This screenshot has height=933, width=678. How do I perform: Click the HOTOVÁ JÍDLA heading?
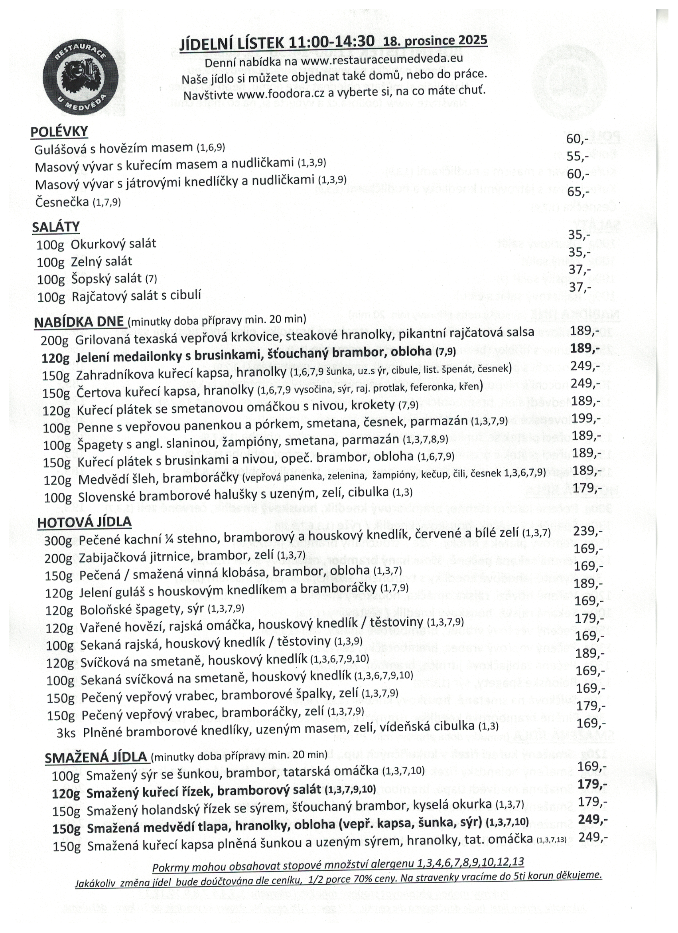(84, 522)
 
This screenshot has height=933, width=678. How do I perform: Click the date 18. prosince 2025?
(435, 41)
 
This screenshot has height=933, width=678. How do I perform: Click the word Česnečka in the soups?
(62, 202)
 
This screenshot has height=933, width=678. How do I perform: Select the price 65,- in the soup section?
(578, 192)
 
